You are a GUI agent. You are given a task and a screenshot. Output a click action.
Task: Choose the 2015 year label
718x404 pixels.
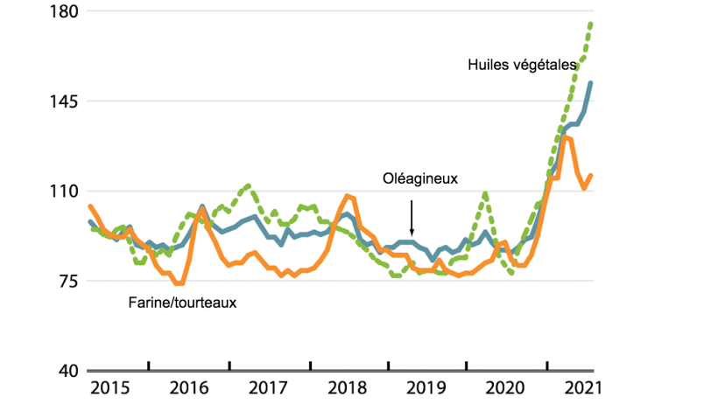coord(109,387)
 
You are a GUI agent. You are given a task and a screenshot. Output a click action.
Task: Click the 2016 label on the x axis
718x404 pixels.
coord(189,387)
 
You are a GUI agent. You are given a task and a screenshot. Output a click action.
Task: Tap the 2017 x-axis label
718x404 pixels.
coord(269,387)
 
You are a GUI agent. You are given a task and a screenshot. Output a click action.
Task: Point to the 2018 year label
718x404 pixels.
coord(348,387)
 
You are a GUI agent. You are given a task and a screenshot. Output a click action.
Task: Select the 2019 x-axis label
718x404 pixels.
coord(428,387)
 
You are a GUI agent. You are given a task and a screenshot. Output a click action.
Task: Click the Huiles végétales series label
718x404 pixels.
coord(522,65)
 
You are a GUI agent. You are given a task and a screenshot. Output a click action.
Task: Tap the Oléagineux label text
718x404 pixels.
coord(421,178)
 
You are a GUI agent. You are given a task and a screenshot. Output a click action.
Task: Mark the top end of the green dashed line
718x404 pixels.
coord(592,24)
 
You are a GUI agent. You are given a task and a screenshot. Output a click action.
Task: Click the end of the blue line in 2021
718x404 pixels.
coord(592,83)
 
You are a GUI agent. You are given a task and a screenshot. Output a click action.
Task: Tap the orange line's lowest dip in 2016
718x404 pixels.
coord(179,283)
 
